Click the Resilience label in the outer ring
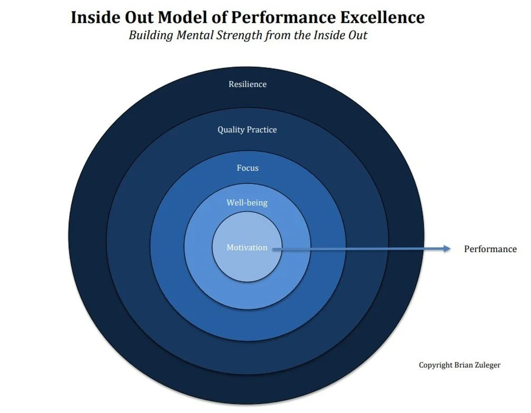(x=248, y=84)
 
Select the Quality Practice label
(x=247, y=130)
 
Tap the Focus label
(x=248, y=169)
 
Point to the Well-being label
(x=247, y=203)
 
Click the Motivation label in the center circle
(x=247, y=248)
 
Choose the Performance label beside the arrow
(x=490, y=249)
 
